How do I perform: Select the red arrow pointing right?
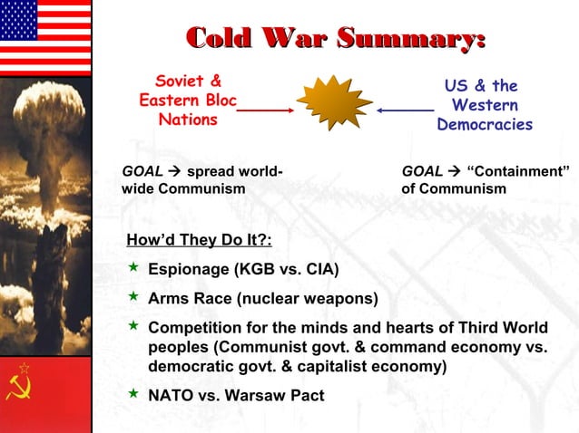click(264, 110)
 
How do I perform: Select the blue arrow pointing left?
click(405, 110)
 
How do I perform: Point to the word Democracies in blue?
click(484, 125)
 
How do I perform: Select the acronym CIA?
click(317, 269)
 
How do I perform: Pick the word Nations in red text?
click(188, 119)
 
